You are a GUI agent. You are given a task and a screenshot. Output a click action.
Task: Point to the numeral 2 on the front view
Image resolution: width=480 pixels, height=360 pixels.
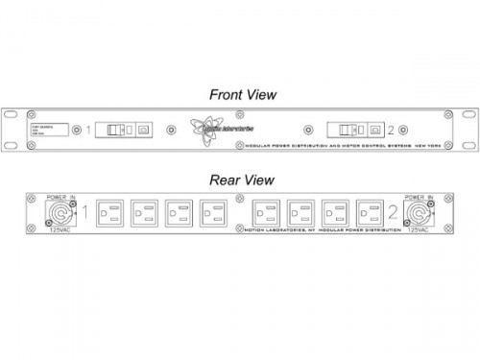tap(390, 129)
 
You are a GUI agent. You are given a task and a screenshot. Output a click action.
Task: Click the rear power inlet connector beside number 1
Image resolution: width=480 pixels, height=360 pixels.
tap(58, 213)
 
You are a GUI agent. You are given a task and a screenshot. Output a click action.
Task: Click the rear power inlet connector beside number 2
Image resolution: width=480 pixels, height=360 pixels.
tap(422, 213)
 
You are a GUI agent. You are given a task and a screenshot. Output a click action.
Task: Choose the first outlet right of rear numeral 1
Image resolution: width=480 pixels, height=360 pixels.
tap(110, 212)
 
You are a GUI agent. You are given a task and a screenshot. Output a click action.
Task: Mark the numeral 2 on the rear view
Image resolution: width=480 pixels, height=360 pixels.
tap(393, 212)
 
